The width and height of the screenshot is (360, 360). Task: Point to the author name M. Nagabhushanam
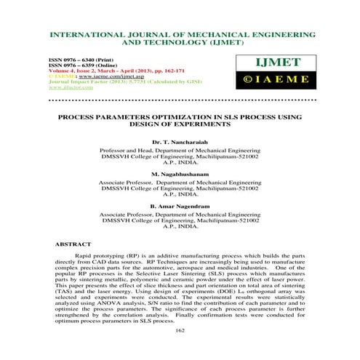point(179,175)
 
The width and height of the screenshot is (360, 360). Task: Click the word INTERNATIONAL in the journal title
point(84,34)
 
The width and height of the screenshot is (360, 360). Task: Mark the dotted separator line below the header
point(179,100)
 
